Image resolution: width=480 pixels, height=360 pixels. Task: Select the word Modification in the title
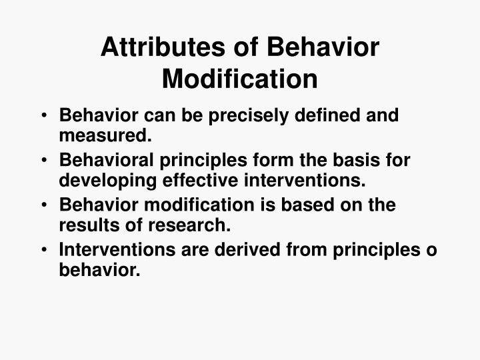tap(240, 79)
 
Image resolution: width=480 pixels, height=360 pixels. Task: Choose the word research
tap(188, 225)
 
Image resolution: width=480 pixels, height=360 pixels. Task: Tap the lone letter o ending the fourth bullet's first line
tap(432, 251)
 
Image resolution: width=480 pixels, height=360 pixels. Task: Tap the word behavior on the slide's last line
tap(100, 270)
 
